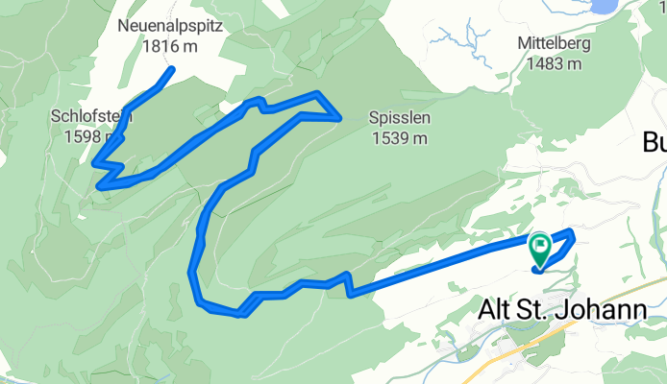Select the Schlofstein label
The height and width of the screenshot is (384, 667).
tap(91, 116)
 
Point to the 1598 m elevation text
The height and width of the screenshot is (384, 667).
tap(86, 135)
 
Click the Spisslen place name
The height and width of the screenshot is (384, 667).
tap(399, 118)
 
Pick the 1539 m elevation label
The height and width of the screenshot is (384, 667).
tap(399, 137)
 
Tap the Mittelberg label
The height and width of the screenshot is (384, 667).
tap(553, 44)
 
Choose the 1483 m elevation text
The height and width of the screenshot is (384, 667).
tap(553, 63)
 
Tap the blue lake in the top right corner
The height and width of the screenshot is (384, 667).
tap(603, 6)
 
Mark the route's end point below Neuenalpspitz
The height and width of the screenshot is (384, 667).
tap(171, 69)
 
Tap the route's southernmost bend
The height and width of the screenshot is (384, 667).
tap(240, 313)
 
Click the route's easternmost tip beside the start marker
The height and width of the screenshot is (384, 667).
tap(573, 232)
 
